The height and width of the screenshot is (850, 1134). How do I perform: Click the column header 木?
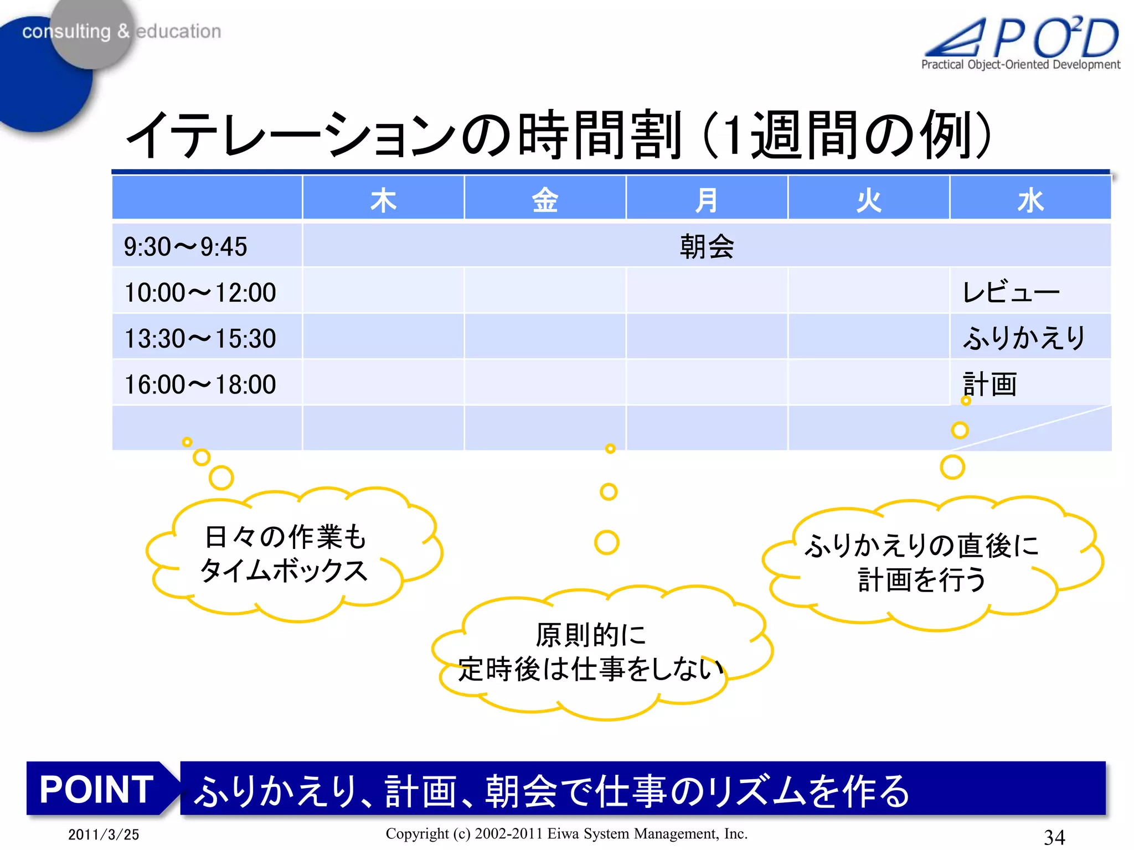pyautogui.click(x=383, y=200)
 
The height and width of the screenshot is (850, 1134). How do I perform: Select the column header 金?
pyautogui.click(x=545, y=200)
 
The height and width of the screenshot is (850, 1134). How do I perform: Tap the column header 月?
pyautogui.click(x=707, y=200)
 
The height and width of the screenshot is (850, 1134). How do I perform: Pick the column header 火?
pyautogui.click(x=868, y=200)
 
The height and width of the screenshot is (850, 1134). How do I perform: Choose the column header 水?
pyautogui.click(x=1030, y=200)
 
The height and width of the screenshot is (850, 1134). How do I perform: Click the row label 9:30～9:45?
pyautogui.click(x=185, y=247)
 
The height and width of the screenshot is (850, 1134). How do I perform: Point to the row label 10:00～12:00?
pyautogui.click(x=200, y=293)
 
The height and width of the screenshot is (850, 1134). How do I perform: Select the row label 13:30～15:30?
pyautogui.click(x=200, y=339)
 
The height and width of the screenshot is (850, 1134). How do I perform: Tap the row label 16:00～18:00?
pyautogui.click(x=200, y=385)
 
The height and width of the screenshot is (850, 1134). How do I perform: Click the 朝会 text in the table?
pyautogui.click(x=707, y=247)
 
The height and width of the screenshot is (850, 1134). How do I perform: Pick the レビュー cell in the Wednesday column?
pyautogui.click(x=1011, y=292)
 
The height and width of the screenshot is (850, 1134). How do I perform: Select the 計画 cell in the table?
pyautogui.click(x=990, y=384)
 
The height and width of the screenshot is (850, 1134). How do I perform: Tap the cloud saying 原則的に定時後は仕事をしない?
pyautogui.click(x=591, y=652)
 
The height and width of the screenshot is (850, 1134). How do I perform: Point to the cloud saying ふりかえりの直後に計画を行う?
pyautogui.click(x=922, y=562)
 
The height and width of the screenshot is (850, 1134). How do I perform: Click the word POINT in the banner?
pyautogui.click(x=96, y=789)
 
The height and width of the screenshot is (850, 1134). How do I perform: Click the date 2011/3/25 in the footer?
pyautogui.click(x=104, y=835)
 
